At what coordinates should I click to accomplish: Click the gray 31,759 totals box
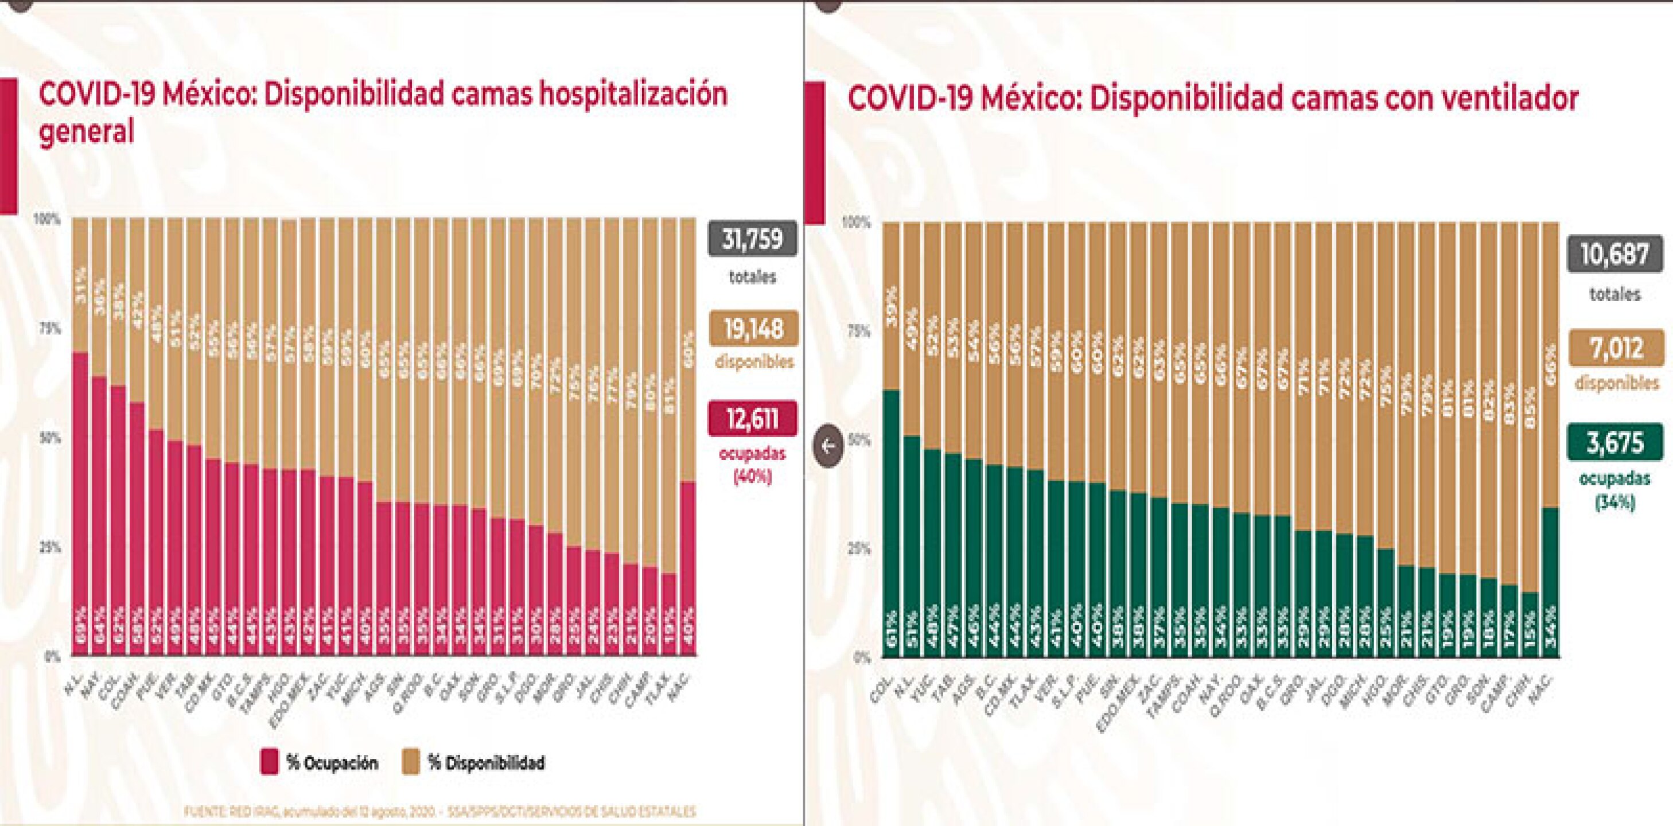[752, 239]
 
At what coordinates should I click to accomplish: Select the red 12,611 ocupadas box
[752, 418]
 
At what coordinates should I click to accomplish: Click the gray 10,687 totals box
[1614, 254]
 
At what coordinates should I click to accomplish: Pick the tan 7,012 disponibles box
[1614, 348]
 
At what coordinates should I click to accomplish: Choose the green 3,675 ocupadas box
[1614, 443]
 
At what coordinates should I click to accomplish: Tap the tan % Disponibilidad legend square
[410, 762]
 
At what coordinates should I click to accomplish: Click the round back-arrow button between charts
[828, 446]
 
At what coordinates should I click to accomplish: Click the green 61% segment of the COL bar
[891, 520]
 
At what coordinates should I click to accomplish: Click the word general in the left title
[87, 132]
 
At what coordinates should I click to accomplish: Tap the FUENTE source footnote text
[439, 812]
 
